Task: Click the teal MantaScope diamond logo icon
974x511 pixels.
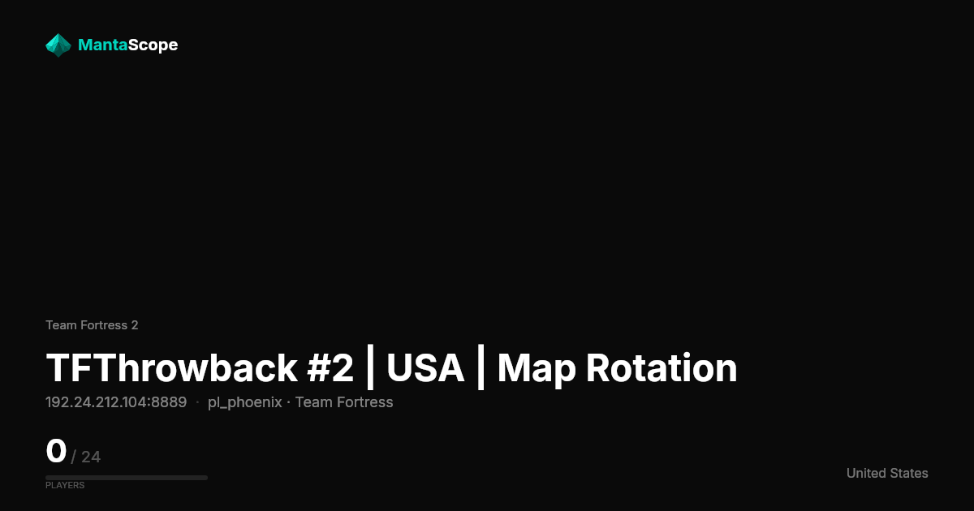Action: coord(58,45)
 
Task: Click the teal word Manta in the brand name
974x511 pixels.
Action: coord(103,45)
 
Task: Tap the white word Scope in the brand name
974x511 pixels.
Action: coord(153,45)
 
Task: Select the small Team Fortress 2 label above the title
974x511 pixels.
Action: coord(92,325)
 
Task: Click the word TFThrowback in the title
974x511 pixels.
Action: coord(172,368)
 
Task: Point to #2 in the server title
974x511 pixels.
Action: coord(330,368)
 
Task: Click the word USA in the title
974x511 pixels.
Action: coord(425,368)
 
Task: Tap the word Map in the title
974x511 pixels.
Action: coord(537,369)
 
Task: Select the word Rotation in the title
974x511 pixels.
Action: coord(662,368)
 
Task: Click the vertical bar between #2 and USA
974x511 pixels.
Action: coord(370,367)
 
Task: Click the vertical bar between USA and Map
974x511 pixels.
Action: coord(481,367)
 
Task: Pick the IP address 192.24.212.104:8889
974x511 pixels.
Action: coord(116,402)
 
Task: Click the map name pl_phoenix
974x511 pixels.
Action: coord(245,403)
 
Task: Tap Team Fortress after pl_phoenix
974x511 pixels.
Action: coord(344,402)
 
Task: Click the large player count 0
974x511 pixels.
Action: coord(56,451)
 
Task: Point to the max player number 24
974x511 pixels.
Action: coord(91,457)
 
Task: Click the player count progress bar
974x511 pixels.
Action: coord(127,478)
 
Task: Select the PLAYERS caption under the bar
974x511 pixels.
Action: coord(65,485)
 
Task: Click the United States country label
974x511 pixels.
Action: coord(887,473)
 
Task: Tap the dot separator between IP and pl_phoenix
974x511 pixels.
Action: coord(197,402)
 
